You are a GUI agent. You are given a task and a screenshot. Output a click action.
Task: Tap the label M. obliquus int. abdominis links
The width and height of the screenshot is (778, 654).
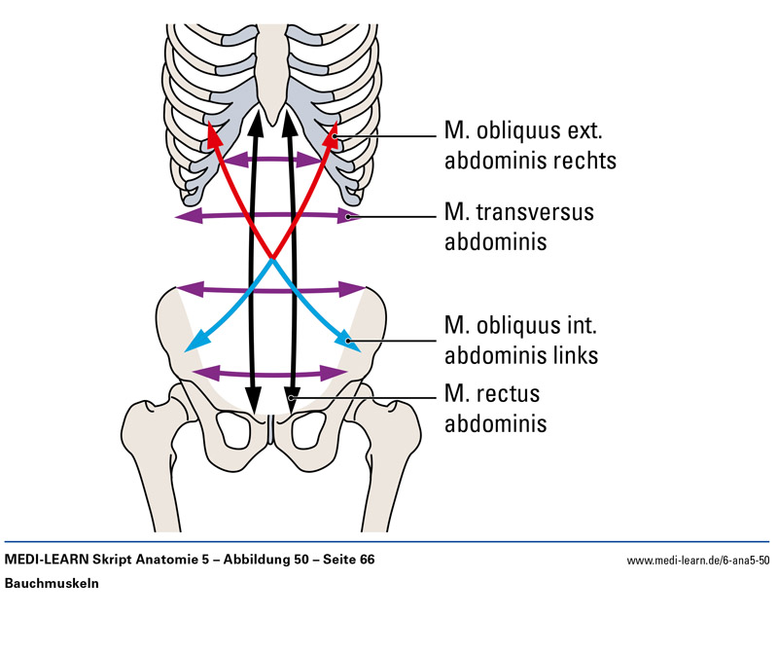(520, 339)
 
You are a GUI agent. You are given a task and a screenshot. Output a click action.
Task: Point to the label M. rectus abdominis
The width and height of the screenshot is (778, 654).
(495, 410)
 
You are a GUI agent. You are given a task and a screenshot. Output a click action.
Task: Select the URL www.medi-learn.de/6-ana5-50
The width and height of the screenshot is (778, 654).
(698, 561)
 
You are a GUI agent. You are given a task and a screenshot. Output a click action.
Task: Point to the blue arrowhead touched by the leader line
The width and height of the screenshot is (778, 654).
(343, 337)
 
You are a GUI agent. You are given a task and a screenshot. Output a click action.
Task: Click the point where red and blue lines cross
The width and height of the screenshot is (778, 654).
(272, 260)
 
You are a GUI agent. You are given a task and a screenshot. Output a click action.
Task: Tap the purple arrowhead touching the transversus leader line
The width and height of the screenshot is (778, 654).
(351, 216)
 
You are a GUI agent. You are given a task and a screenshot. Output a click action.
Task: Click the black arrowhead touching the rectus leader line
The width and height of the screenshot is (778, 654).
(291, 398)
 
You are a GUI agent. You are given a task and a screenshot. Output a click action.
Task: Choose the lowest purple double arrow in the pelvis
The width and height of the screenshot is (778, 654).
(271, 373)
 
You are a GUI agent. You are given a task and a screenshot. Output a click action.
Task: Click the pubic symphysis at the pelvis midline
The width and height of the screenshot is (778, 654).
(271, 427)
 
